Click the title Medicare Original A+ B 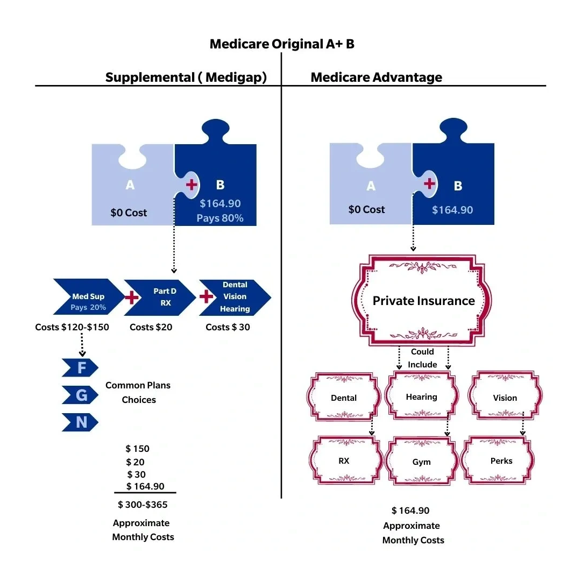[x=282, y=44]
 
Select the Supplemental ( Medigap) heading [x=186, y=77]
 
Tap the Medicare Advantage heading [x=376, y=77]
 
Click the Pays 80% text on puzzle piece [x=219, y=218]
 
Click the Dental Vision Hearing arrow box [x=234, y=297]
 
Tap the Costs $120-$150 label [x=72, y=327]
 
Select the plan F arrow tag [x=81, y=369]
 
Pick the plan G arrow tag [x=81, y=395]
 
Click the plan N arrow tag [x=81, y=422]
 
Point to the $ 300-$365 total [x=143, y=505]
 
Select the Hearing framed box [x=421, y=397]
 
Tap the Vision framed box [x=505, y=398]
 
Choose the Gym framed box [x=421, y=462]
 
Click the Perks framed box [x=501, y=461]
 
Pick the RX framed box [x=344, y=461]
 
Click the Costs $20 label [x=151, y=327]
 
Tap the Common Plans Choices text [x=138, y=393]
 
